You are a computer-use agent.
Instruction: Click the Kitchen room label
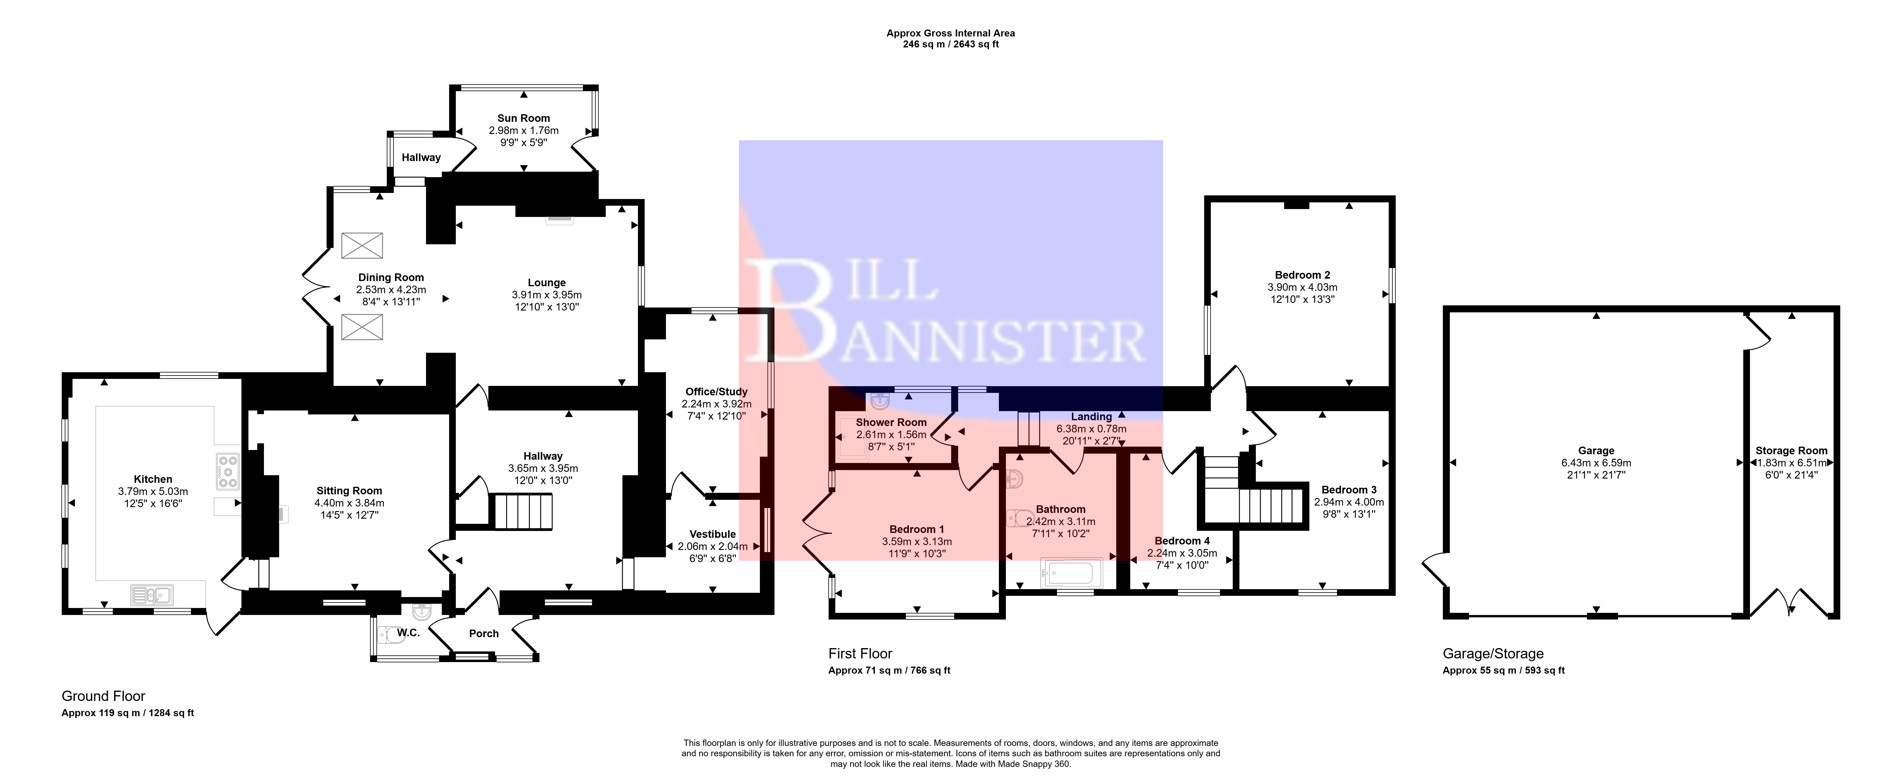click(x=153, y=479)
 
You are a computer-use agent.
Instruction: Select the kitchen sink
click(x=151, y=594)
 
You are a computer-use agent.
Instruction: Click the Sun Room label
click(x=524, y=118)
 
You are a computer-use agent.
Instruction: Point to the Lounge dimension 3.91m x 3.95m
click(x=546, y=294)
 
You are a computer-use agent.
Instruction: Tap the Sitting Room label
click(x=349, y=491)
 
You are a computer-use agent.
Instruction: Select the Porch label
click(x=483, y=633)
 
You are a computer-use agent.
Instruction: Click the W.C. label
click(x=408, y=633)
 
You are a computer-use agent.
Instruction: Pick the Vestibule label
click(x=712, y=534)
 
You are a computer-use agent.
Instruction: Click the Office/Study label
click(x=716, y=392)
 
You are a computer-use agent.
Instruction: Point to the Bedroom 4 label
click(x=1182, y=541)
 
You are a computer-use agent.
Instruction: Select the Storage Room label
click(x=1791, y=451)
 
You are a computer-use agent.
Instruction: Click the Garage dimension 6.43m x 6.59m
click(x=1595, y=463)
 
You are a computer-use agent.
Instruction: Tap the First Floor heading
click(x=860, y=654)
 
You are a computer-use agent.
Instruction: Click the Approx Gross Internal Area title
click(x=950, y=33)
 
